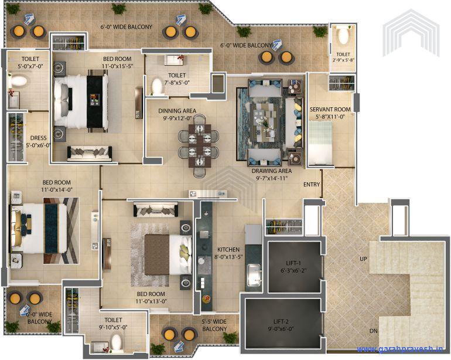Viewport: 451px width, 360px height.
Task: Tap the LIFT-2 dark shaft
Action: pyautogui.click(x=282, y=325)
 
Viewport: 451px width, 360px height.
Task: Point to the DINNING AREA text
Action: pyautogui.click(x=177, y=113)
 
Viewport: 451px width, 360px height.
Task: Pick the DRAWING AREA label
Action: pyautogui.click(x=271, y=175)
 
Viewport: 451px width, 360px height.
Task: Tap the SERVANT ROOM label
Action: pyautogui.click(x=330, y=113)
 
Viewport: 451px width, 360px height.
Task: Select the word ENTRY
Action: pyautogui.click(x=312, y=185)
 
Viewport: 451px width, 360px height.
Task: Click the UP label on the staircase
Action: pyautogui.click(x=363, y=259)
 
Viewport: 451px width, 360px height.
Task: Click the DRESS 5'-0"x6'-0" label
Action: pyautogui.click(x=38, y=142)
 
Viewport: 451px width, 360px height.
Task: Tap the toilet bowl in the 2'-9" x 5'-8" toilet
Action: pyautogui.click(x=343, y=36)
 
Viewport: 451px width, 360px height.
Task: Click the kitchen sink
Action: pyautogui.click(x=254, y=274)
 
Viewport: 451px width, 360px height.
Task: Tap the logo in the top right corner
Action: pyautogui.click(x=411, y=32)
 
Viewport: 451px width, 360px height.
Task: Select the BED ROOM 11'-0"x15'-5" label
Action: pyautogui.click(x=117, y=63)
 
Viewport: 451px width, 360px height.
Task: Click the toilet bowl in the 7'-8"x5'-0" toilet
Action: pyautogui.click(x=156, y=87)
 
